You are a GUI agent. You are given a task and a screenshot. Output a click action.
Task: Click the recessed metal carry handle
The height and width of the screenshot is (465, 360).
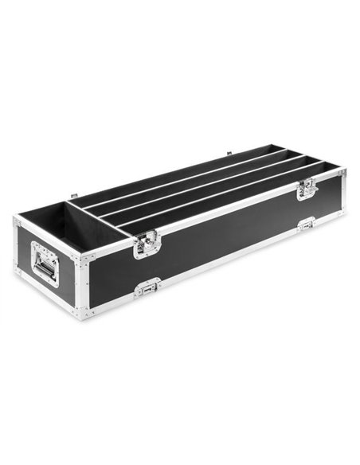click(x=45, y=262)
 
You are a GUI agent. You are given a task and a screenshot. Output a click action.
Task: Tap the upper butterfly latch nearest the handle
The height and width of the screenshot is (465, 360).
click(x=144, y=244)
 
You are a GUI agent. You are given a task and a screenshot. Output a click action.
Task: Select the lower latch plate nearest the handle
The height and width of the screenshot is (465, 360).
click(x=148, y=287)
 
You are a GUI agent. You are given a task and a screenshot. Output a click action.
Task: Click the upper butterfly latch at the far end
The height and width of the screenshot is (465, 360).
click(x=307, y=189)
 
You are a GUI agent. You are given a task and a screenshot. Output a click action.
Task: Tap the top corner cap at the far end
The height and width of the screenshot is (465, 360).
click(x=342, y=171)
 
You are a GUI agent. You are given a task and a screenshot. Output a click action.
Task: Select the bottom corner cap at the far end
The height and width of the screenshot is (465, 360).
click(x=342, y=212)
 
